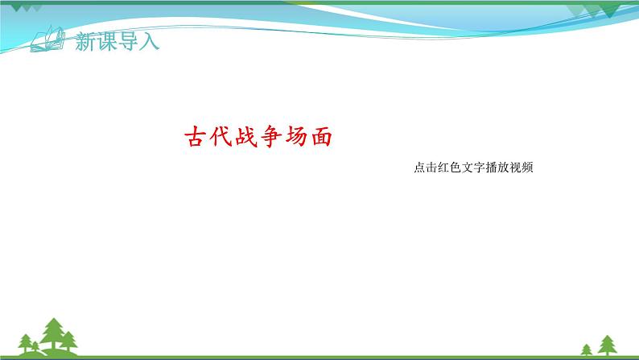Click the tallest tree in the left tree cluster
(x=55, y=334)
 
